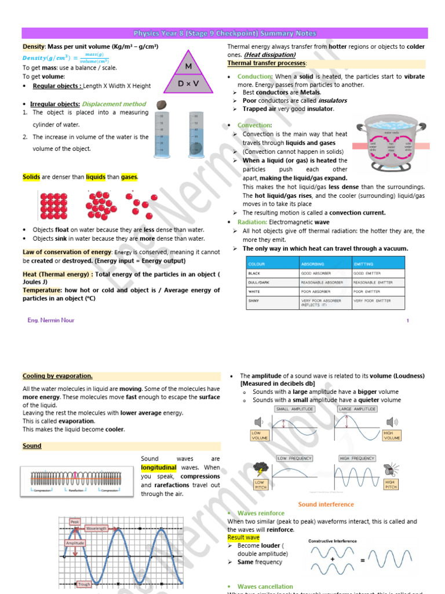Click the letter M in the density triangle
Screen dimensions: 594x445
(x=188, y=67)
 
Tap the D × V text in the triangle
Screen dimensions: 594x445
(x=188, y=84)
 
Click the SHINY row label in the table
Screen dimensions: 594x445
(x=254, y=300)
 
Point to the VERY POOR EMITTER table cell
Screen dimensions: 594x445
(x=372, y=300)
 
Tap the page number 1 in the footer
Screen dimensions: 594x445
(x=408, y=320)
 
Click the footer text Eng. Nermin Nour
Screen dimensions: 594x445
(x=51, y=320)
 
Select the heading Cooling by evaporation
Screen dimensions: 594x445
(x=57, y=376)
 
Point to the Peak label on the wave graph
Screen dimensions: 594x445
(x=75, y=521)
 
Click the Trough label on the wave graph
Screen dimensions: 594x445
(x=84, y=584)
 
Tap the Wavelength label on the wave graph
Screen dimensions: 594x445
(x=96, y=528)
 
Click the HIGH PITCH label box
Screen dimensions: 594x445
(x=391, y=484)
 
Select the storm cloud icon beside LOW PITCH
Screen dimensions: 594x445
(x=261, y=468)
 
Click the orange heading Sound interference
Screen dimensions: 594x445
(x=326, y=504)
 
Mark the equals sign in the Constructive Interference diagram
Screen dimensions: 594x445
(x=362, y=560)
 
